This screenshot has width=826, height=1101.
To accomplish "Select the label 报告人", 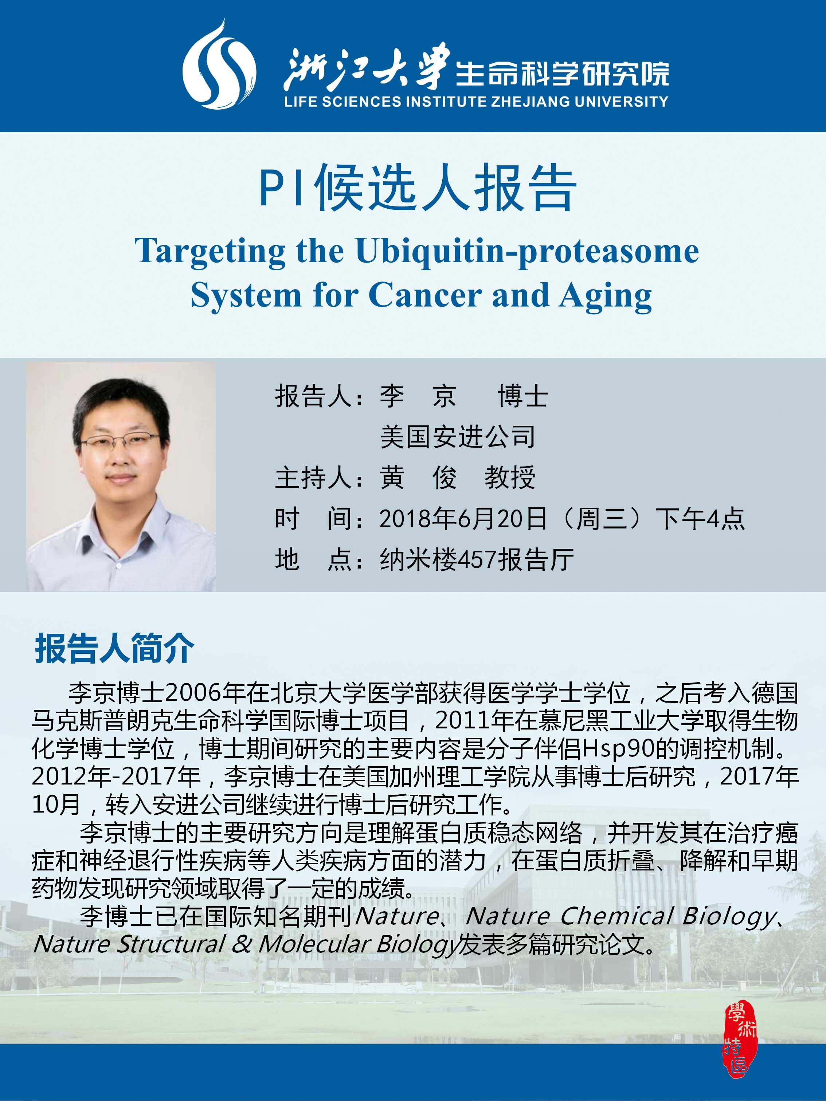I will [x=314, y=396].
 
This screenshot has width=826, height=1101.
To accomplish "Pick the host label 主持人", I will [x=314, y=478].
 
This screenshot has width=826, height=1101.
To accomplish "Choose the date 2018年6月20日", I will [x=463, y=519].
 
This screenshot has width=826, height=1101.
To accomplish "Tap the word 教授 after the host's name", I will [x=510, y=478].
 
